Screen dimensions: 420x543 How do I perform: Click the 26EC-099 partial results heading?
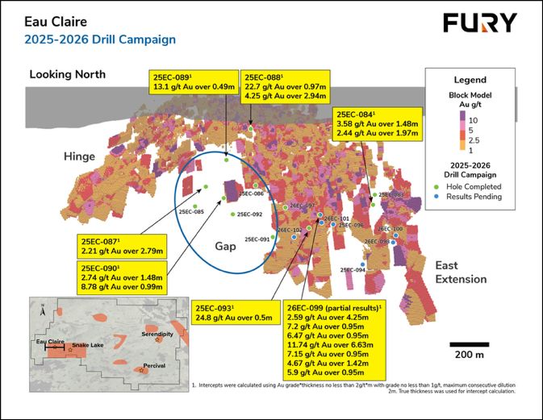pos(335,307)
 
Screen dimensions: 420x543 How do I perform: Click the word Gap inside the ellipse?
pos(226,245)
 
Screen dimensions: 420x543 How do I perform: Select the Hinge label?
pos(80,157)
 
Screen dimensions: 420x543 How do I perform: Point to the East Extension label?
pos(461,272)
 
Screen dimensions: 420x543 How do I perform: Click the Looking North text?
pos(67,74)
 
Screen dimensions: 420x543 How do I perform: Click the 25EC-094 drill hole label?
pos(353,270)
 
